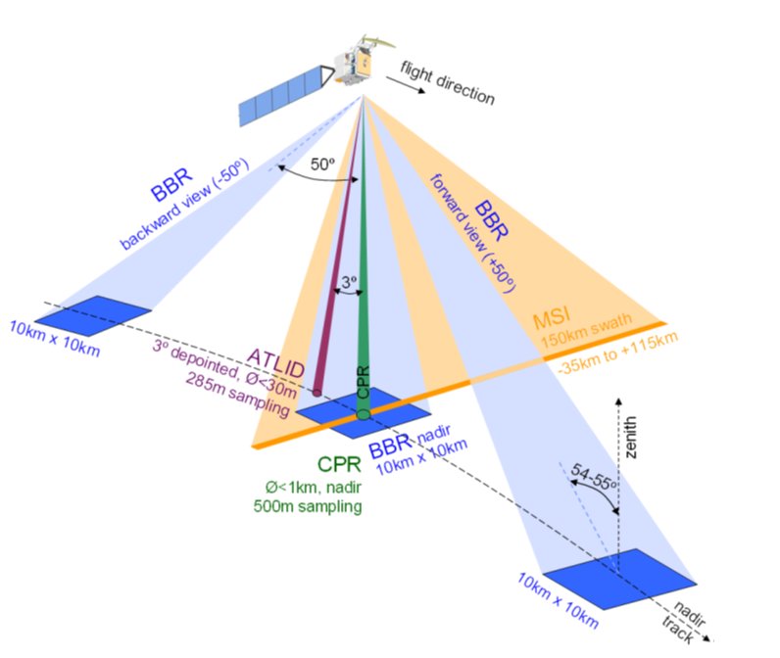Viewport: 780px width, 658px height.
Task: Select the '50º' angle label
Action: tap(323, 165)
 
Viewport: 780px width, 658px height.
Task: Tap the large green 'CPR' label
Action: tap(337, 464)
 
